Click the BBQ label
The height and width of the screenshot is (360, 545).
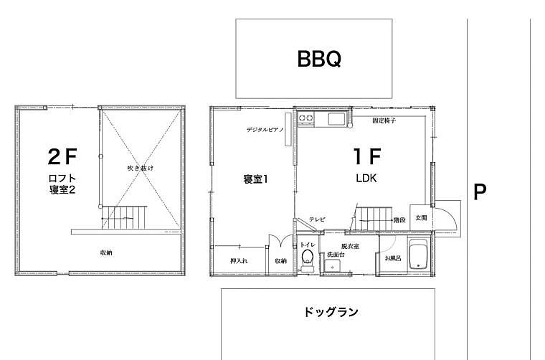point(319,59)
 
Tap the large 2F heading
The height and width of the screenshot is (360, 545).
point(62,156)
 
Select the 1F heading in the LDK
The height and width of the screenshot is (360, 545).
point(367,156)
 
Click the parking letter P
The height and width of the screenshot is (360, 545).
point(480,191)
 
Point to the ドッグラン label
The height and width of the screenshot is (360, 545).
point(331,312)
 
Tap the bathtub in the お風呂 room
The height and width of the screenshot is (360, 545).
point(420,254)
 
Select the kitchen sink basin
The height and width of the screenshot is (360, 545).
point(336,119)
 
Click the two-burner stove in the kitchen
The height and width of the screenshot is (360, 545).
point(306,118)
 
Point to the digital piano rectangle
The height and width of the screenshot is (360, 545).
point(288,129)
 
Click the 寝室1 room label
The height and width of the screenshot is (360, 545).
point(255,179)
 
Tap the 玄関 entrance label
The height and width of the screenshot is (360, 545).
point(421,218)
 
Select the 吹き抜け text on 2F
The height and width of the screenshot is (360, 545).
point(140,169)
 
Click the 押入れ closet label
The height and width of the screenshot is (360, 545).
point(239,260)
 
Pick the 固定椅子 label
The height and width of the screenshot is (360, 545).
point(384,120)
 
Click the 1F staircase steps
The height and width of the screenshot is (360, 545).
point(374,219)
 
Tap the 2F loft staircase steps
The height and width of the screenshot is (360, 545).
point(124,217)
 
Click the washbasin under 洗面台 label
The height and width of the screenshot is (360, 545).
point(333,266)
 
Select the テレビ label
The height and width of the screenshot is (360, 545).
point(317,219)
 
